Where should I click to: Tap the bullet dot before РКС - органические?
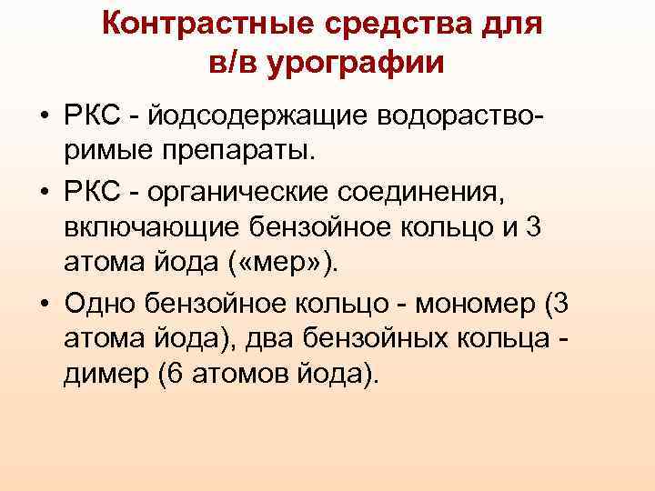click(44, 194)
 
